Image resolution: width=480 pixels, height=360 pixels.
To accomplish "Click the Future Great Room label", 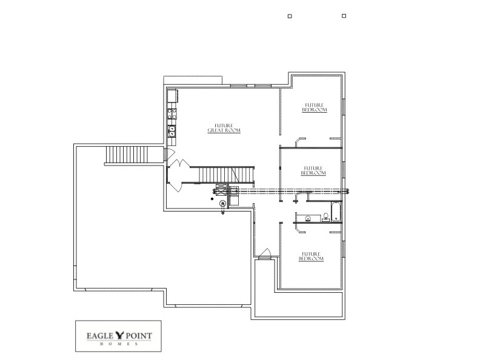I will (x=224, y=128).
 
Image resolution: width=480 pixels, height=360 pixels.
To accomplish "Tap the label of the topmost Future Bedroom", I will (x=315, y=107).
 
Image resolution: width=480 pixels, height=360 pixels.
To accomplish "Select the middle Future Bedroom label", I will (x=313, y=170).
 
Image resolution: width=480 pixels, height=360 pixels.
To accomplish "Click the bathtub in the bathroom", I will (x=337, y=214).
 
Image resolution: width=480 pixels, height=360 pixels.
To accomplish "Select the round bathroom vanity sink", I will (x=308, y=218).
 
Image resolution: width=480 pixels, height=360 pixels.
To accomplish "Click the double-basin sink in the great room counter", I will (x=172, y=129).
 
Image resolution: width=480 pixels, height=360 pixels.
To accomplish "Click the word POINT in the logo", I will (x=140, y=334).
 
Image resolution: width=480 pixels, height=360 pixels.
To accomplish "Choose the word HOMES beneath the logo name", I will (x=118, y=344).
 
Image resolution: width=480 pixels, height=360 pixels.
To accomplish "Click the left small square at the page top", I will (x=290, y=16).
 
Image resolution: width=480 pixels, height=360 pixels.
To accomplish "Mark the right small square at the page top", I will (x=344, y=16).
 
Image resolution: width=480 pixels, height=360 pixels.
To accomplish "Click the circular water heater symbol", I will (x=222, y=204).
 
